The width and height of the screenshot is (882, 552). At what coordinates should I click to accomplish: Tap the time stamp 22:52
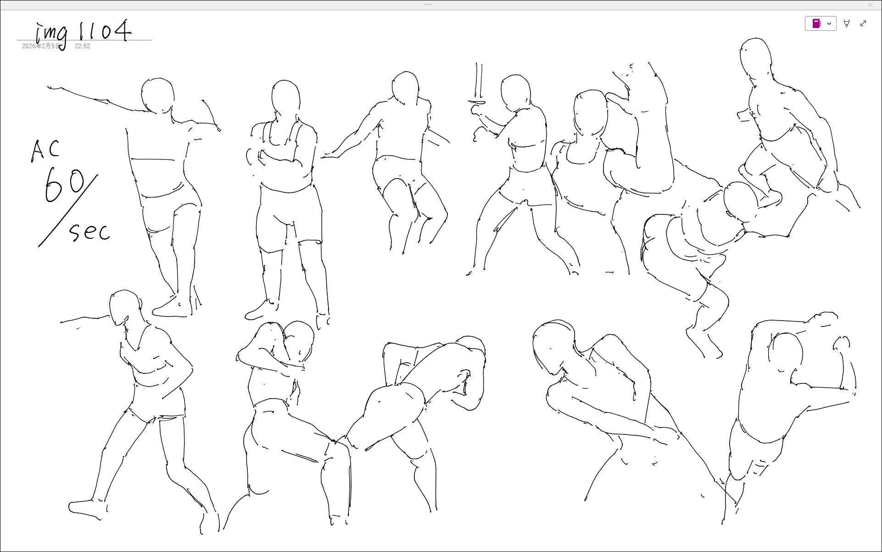click(x=83, y=46)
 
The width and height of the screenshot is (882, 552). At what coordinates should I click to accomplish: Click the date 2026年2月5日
click(x=41, y=46)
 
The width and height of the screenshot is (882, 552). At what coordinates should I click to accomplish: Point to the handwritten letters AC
click(x=45, y=151)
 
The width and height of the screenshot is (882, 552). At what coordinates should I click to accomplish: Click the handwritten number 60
click(x=64, y=185)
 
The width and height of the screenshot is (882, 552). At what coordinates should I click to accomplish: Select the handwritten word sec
click(x=90, y=232)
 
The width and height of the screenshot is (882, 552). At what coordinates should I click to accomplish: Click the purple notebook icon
click(x=816, y=23)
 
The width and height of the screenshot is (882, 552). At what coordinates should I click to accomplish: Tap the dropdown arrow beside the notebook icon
click(x=829, y=23)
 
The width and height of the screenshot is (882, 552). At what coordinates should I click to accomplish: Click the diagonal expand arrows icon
click(x=863, y=23)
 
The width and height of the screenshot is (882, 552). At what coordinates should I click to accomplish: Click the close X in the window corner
click(x=871, y=5)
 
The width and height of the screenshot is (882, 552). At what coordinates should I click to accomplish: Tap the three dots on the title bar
click(x=428, y=5)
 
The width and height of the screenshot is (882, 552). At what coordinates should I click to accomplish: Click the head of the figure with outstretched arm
click(x=158, y=96)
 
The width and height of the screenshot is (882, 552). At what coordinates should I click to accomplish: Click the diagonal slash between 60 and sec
click(x=68, y=211)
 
